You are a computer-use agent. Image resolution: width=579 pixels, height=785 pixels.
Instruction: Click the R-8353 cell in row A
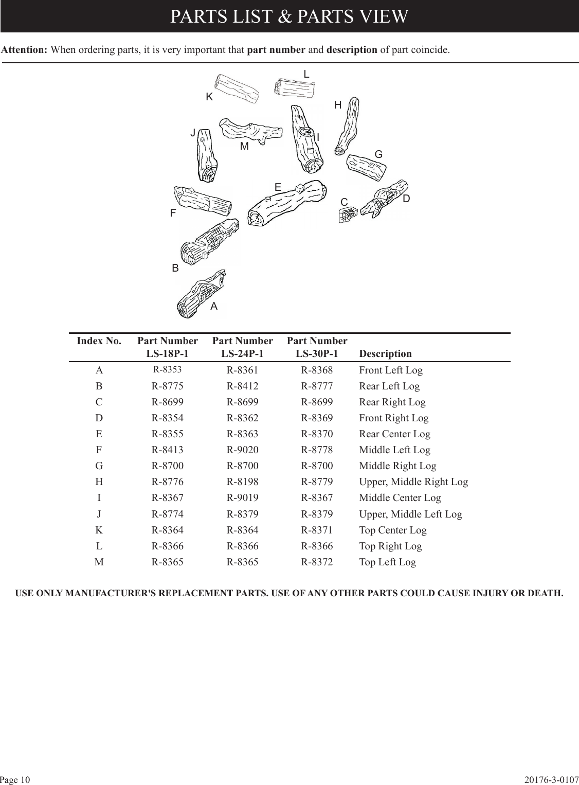pos(167,369)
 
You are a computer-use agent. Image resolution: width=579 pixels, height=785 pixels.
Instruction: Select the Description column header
pos(385,354)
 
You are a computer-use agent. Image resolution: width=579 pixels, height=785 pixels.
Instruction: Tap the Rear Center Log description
pos(394,434)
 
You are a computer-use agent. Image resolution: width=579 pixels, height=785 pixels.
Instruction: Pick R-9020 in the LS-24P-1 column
pos(242,450)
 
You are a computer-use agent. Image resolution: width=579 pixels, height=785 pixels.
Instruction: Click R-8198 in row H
pos(242,482)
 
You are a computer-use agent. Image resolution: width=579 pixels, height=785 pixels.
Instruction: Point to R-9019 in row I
pos(242,498)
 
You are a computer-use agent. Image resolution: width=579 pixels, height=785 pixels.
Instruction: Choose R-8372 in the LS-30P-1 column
pos(317,562)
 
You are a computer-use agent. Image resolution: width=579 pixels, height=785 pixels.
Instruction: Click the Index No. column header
pos(99,341)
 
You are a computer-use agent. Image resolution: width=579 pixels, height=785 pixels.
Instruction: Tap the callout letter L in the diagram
pos(306,75)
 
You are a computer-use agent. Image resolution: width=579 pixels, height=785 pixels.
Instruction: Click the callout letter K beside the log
pos(209,97)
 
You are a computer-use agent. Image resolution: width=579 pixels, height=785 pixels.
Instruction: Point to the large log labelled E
pos(287,203)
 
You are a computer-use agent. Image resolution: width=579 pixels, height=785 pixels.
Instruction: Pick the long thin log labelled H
pos(347,125)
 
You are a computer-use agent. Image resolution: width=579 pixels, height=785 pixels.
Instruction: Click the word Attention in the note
pos(25,50)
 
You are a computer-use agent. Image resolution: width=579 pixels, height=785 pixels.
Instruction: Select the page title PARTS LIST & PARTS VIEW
pos(289,16)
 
